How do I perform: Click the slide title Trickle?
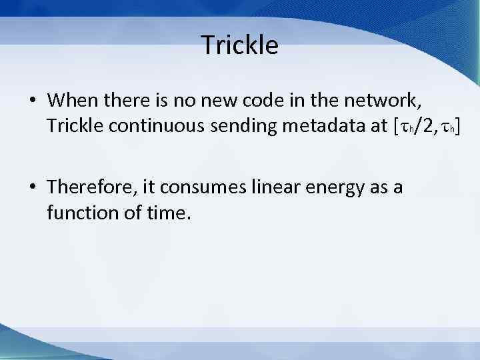pos(239,45)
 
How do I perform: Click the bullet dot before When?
pos(32,101)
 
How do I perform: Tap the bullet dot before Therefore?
pos(32,189)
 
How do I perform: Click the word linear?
pos(275,188)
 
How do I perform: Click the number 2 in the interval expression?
pos(421,125)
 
